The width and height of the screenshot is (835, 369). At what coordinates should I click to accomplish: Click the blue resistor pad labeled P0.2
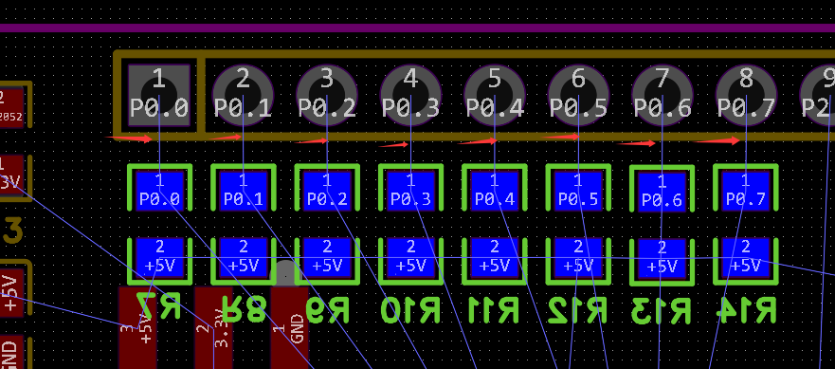coord(327,190)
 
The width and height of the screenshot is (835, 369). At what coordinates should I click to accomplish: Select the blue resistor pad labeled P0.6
coord(662,191)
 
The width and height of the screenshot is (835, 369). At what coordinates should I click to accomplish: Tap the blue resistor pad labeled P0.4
coord(494,190)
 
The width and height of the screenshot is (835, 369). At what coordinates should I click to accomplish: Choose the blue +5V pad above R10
coord(410,256)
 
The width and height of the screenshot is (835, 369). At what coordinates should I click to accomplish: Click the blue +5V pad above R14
coord(746,256)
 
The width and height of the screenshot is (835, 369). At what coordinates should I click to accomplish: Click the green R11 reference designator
coord(494,309)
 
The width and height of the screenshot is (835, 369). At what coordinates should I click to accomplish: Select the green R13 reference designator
coord(662,309)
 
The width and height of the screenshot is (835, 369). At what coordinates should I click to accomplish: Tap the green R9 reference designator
coord(327,309)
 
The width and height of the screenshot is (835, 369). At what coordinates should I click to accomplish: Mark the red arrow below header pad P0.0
coord(129,138)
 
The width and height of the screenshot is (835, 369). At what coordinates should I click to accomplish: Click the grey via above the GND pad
coord(287,273)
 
